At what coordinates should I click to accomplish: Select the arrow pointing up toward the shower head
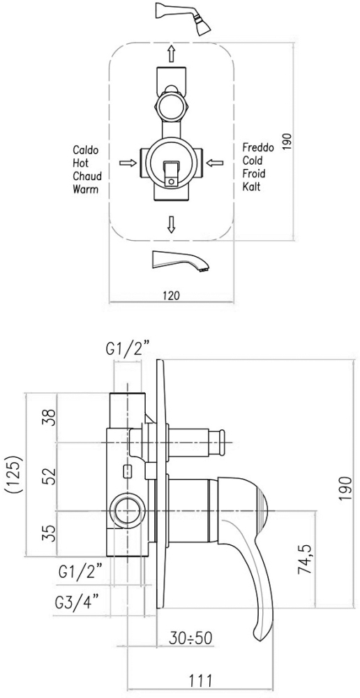pyautogui.click(x=171, y=54)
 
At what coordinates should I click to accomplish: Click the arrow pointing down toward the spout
pyautogui.click(x=171, y=224)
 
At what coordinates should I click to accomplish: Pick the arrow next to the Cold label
pyautogui.click(x=215, y=163)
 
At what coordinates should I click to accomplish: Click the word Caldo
pyautogui.click(x=85, y=149)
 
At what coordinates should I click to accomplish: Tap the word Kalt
pyautogui.click(x=251, y=186)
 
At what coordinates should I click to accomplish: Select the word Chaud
pyautogui.click(x=87, y=176)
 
